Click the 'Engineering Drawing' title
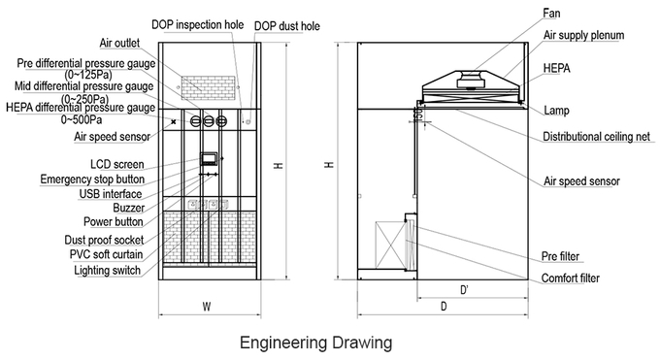pyautogui.click(x=315, y=343)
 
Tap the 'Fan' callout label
pyautogui.click(x=551, y=14)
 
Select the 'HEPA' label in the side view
pyautogui.click(x=556, y=68)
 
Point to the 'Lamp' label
pyautogui.click(x=556, y=111)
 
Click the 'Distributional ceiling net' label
pyautogui.click(x=596, y=137)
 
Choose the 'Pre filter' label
pyautogui.click(x=560, y=256)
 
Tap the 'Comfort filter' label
pyautogui.click(x=571, y=278)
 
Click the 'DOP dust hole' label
pyautogui.click(x=286, y=26)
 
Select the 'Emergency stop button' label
pyautogui.click(x=92, y=179)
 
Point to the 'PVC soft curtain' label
pyautogui.click(x=106, y=254)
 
